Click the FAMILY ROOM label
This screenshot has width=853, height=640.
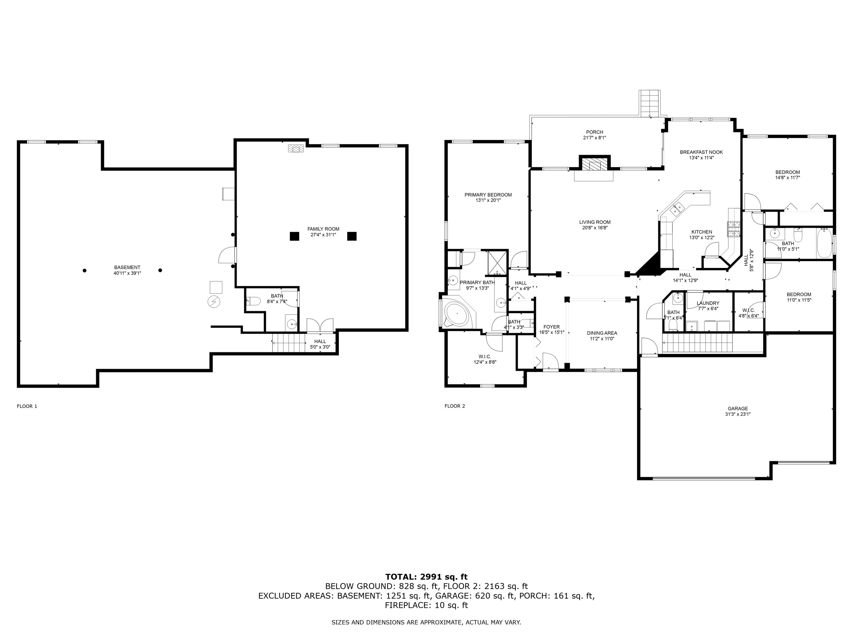323,229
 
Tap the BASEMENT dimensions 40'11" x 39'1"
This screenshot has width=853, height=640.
127,273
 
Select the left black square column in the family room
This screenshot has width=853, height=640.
294,236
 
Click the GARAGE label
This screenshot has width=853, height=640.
737,408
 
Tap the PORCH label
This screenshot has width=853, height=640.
594,132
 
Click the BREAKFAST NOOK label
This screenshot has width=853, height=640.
701,152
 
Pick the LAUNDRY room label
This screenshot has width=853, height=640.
708,303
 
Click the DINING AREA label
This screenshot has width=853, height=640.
602,333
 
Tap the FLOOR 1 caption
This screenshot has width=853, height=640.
27,406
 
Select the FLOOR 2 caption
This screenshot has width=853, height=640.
455,406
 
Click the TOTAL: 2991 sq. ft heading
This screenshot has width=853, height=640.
426,577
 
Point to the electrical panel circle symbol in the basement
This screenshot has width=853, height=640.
214,302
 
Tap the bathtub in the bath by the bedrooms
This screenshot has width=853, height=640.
824,243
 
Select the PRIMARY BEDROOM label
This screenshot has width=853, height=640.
488,195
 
